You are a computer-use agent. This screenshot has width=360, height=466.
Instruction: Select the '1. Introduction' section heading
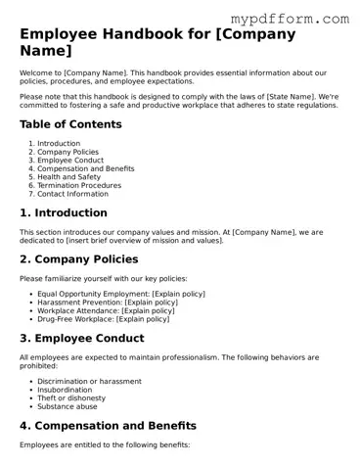[64, 212]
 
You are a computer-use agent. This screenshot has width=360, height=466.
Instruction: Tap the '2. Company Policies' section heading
[84, 258]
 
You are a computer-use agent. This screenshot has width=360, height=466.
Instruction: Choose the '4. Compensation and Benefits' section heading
[108, 426]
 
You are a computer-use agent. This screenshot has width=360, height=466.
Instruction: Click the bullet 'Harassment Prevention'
[78, 302]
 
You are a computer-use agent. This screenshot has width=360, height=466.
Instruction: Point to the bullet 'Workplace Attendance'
[77, 310]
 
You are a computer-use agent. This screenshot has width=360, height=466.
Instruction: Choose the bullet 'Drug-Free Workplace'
[75, 319]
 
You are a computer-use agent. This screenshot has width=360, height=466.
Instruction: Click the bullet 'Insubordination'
[65, 390]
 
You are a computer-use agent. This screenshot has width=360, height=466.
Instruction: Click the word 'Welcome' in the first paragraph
[35, 73]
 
